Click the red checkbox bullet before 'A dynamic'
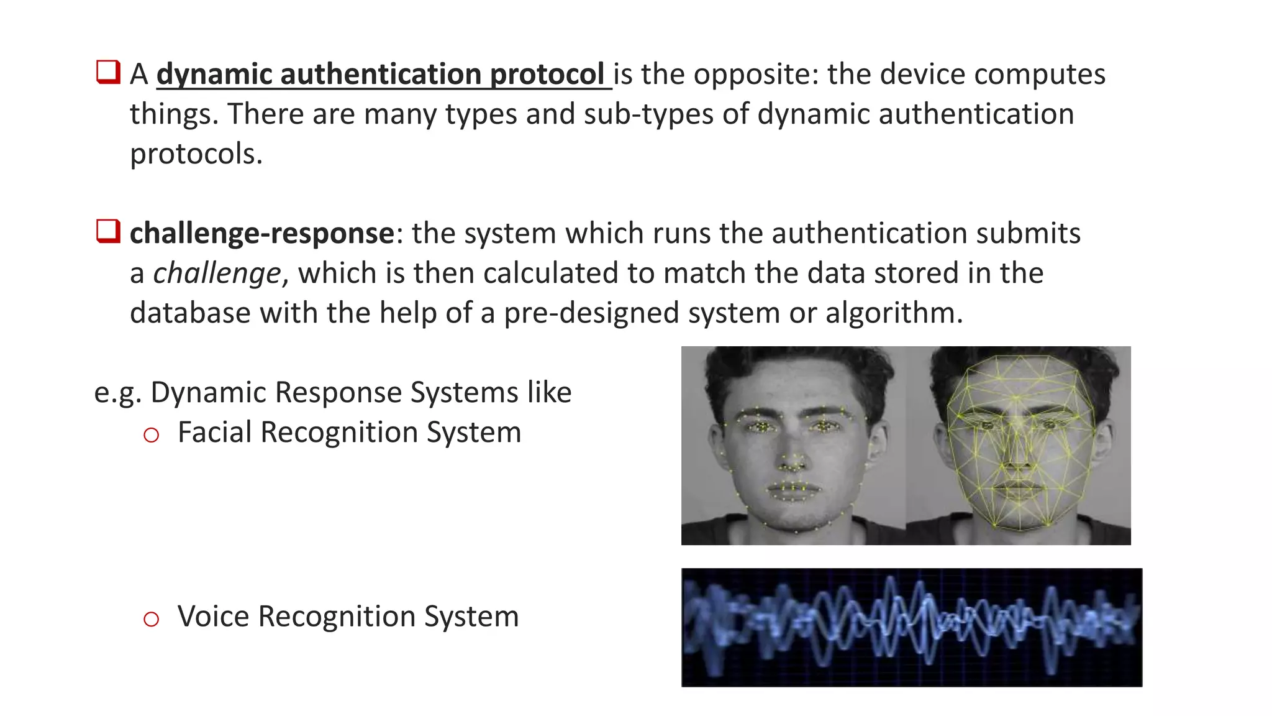(x=108, y=72)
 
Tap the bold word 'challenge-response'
(x=261, y=234)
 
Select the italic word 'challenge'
(x=217, y=273)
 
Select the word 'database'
(x=190, y=313)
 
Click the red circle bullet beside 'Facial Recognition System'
(x=151, y=434)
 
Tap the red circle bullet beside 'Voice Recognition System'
(x=151, y=618)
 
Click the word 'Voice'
(x=213, y=616)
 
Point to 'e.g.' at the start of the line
(x=117, y=393)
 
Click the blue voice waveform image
(x=911, y=627)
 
